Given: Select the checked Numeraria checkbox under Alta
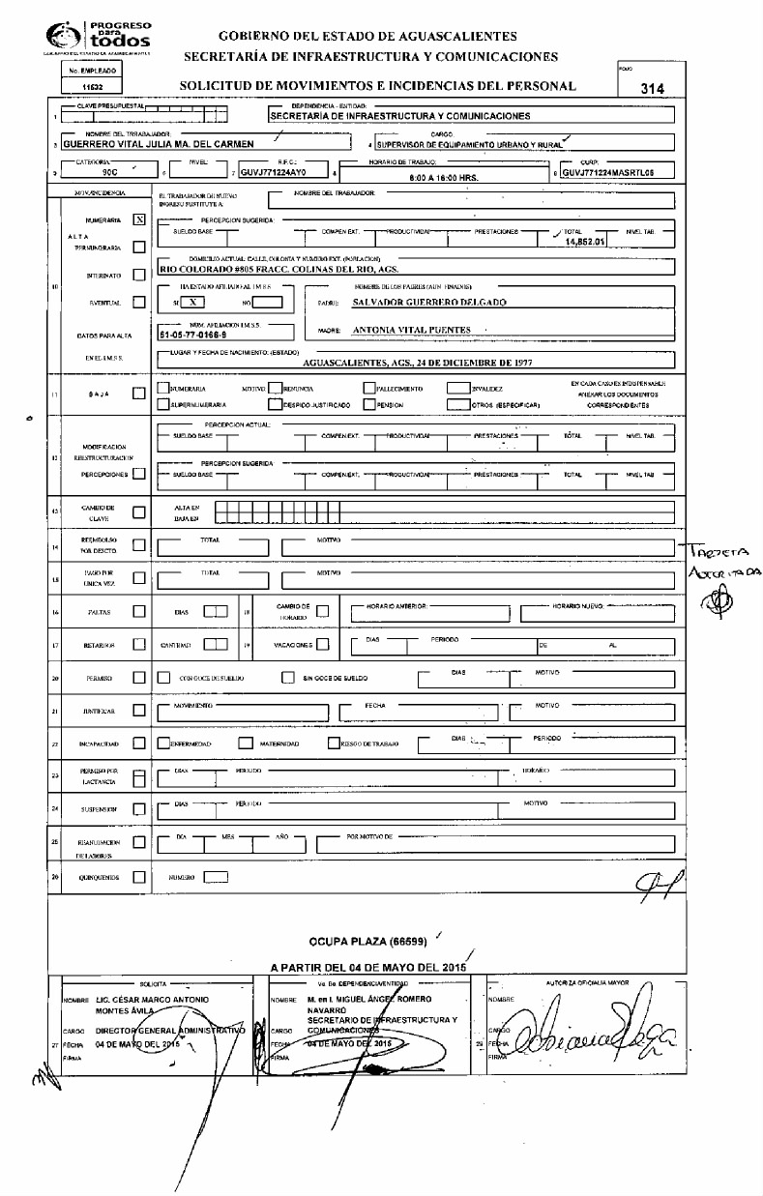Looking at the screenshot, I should click(139, 219).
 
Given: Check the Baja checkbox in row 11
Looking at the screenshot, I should click(139, 393).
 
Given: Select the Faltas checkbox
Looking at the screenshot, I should click(139, 611).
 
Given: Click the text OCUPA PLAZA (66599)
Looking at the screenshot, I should click(367, 940).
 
